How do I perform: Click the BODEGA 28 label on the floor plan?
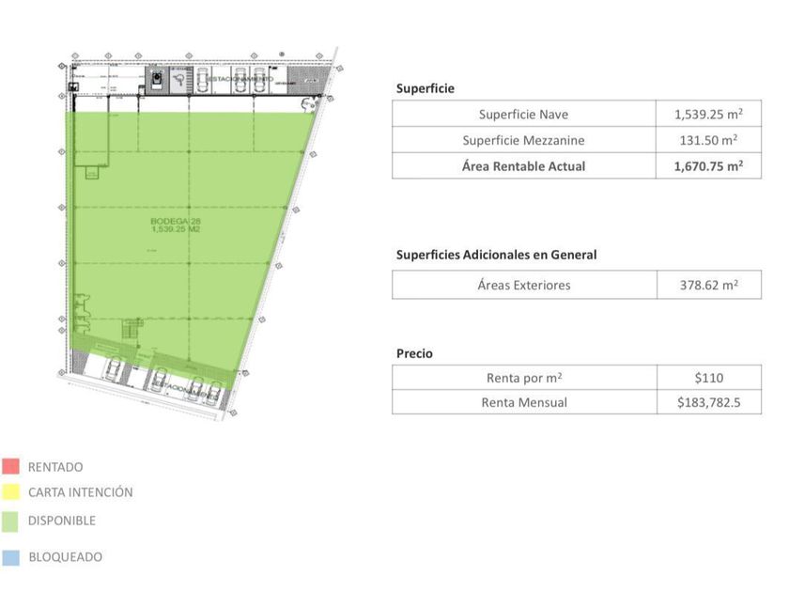pos(176,226)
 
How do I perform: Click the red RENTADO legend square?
pos(11,466)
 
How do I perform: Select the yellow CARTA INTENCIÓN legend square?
pos(11,491)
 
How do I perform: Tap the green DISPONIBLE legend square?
pos(11,521)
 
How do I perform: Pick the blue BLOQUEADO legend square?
pos(11,557)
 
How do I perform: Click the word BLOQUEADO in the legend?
pos(65,557)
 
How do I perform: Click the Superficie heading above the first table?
pos(425,88)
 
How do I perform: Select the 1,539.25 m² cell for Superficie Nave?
pos(708,115)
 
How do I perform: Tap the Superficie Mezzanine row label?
pos(523,140)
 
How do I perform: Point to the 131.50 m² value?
pos(708,140)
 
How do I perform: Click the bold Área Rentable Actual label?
pos(523,166)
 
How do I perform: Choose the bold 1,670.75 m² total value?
pos(708,166)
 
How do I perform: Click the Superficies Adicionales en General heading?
pos(496,255)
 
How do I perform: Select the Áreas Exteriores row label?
pos(523,285)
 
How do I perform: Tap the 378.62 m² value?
pos(708,285)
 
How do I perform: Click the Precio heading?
pos(414,353)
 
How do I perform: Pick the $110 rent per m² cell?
pos(708,378)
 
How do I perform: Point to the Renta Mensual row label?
pos(523,402)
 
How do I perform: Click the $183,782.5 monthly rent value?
pos(708,402)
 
